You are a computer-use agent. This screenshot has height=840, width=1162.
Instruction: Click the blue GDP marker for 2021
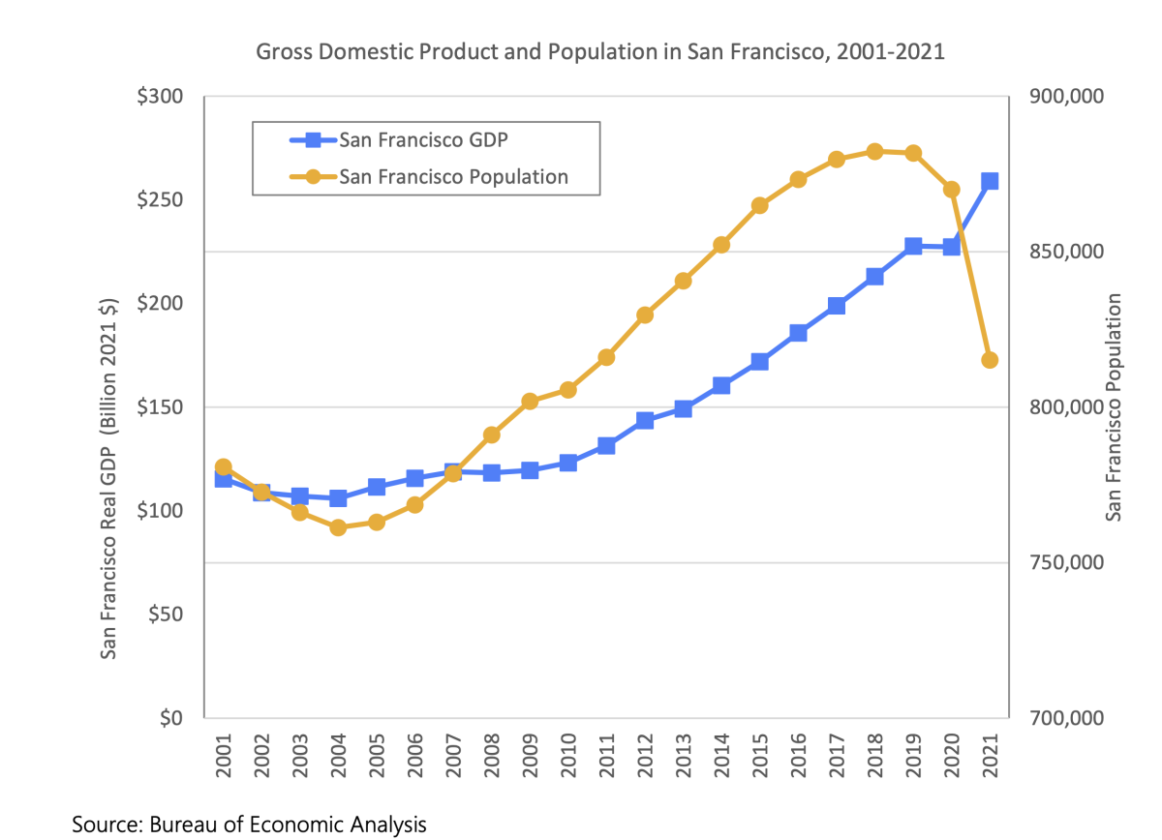pyautogui.click(x=990, y=181)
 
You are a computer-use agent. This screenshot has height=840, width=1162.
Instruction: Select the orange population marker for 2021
pyautogui.click(x=990, y=360)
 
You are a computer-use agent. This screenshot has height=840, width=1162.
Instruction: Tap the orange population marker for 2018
pyautogui.click(x=874, y=151)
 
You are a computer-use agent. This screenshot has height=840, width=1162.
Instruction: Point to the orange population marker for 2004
pyautogui.click(x=338, y=527)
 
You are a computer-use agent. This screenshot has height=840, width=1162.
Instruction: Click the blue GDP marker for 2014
pyautogui.click(x=721, y=385)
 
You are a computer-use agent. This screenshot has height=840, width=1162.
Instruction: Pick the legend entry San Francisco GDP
pyautogui.click(x=423, y=139)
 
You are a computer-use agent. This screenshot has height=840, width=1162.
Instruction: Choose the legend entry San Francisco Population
pyautogui.click(x=452, y=177)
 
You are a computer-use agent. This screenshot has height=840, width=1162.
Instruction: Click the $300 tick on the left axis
pyautogui.click(x=161, y=97)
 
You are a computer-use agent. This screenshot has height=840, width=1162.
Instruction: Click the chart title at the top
pyautogui.click(x=599, y=52)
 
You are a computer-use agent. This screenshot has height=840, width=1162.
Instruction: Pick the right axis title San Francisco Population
pyautogui.click(x=1115, y=407)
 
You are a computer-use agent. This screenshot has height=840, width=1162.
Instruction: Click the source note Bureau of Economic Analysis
pyautogui.click(x=249, y=825)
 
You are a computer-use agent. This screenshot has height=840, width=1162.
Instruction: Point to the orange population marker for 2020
pyautogui.click(x=951, y=190)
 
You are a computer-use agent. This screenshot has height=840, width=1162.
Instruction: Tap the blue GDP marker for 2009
pyautogui.click(x=530, y=470)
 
